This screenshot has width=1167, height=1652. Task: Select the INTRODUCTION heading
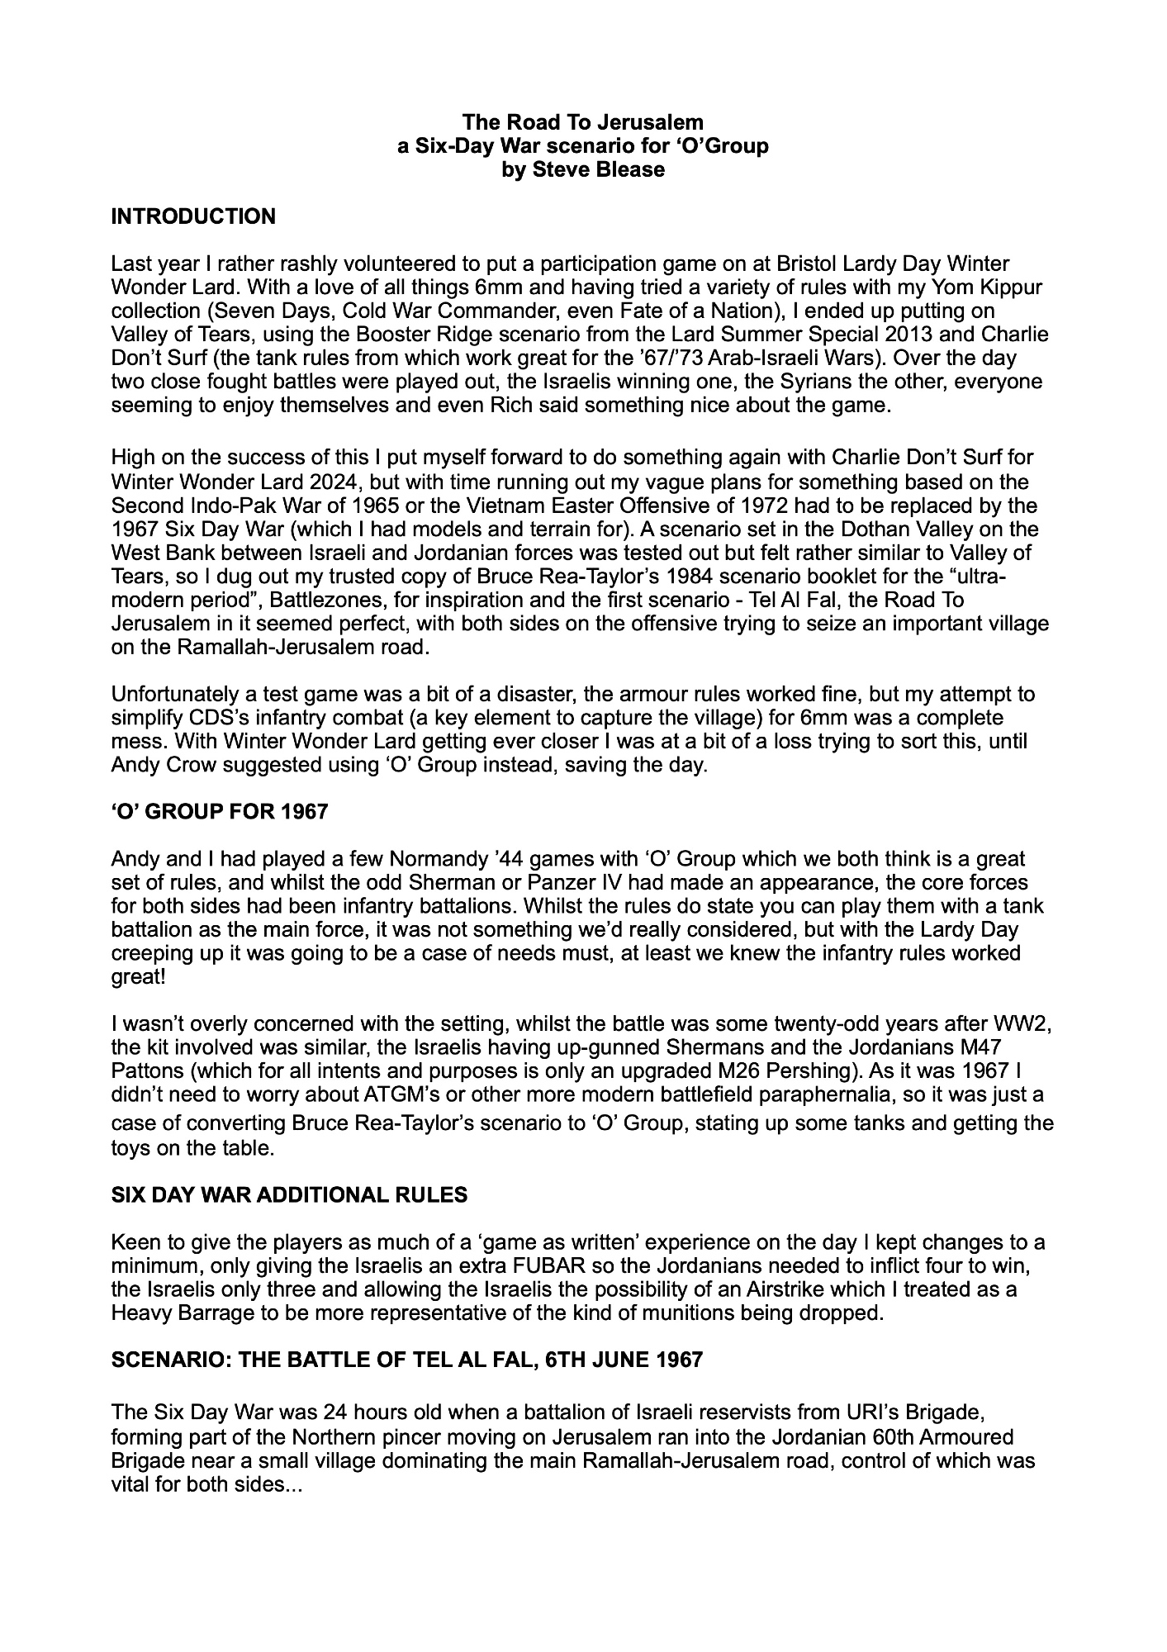(193, 217)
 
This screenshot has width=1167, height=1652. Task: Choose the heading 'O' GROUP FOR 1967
(219, 812)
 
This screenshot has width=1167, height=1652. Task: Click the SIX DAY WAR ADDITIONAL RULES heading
(289, 1194)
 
